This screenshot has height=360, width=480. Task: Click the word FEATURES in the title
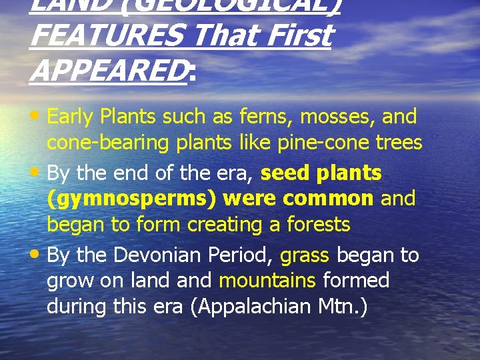[x=105, y=35]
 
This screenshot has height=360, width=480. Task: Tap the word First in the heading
[x=296, y=35]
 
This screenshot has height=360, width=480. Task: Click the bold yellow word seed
[x=285, y=173]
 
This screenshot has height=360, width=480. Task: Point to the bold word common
[x=328, y=199]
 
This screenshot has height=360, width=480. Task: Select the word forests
[x=318, y=225]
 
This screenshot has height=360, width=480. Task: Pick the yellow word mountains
[x=267, y=281]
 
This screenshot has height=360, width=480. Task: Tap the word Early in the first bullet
[x=71, y=118]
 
